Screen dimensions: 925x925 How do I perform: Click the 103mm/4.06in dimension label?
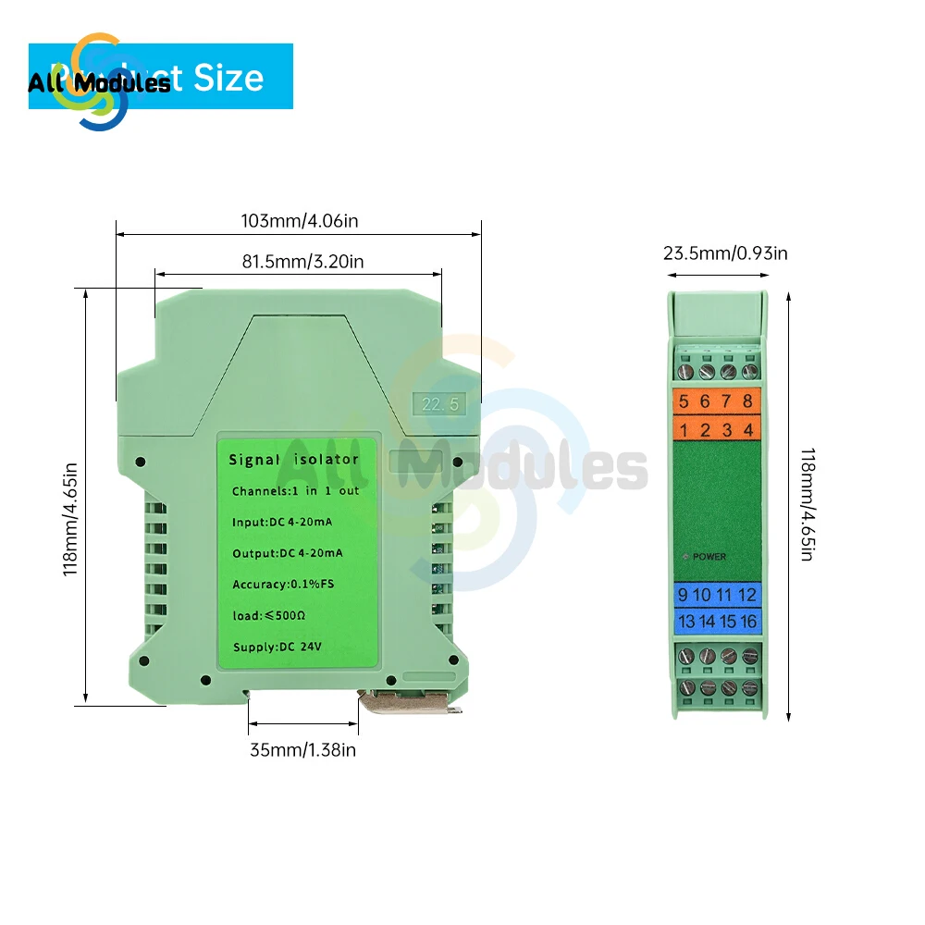[299, 222]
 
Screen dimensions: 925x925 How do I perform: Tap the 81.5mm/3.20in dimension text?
[302, 262]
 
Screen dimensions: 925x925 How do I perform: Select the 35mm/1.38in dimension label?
[302, 750]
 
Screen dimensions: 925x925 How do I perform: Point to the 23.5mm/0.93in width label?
[725, 253]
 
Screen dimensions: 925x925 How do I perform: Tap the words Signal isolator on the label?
[293, 460]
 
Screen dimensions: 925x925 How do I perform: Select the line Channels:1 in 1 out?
[295, 491]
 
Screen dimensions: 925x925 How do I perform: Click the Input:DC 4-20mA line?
[282, 523]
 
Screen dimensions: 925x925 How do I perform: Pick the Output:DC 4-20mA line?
[287, 553]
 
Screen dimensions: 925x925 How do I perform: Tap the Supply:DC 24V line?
[278, 646]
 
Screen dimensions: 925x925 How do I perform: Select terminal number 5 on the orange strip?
[684, 401]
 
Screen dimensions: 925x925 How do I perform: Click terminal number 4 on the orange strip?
[748, 429]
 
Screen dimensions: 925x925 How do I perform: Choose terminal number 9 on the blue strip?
[683, 595]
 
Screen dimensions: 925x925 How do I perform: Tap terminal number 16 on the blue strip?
[747, 622]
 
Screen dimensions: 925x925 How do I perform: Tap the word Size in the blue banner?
[228, 78]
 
